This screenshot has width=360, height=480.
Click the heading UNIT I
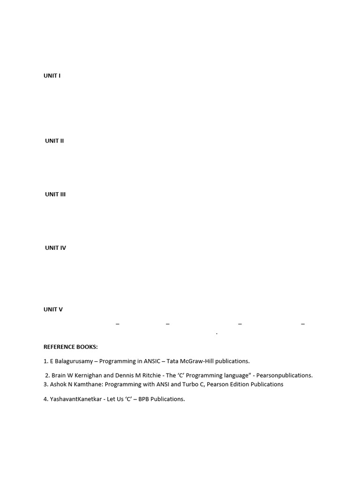[x=52, y=75]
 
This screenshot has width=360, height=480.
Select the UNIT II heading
[x=54, y=141]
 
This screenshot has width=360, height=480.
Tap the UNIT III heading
[x=55, y=194]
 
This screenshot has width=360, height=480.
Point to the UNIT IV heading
[x=55, y=247]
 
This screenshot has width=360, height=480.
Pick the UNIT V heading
[x=53, y=309]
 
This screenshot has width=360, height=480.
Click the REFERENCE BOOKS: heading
[x=71, y=347]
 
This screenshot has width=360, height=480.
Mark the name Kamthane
[x=84, y=384]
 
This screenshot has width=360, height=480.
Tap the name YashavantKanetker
[x=76, y=399]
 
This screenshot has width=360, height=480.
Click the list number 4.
[x=46, y=399]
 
